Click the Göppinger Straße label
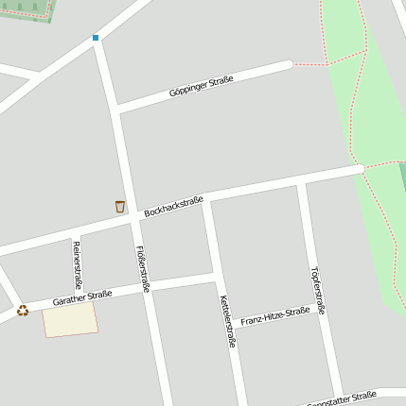201,87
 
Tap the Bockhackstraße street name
173,206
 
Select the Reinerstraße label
77,265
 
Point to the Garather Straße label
82,298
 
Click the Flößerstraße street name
143,268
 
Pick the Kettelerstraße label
226,320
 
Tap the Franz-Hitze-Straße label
275,315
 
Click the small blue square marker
95,38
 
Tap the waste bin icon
120,207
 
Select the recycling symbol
23,310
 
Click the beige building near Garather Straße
70,319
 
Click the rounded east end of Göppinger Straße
288,65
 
